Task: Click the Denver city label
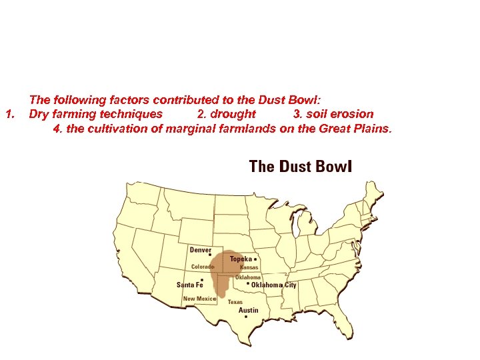pyautogui.click(x=201, y=250)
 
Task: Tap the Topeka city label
pyautogui.click(x=241, y=259)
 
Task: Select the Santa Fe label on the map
pyautogui.click(x=189, y=285)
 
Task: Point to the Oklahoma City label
pyautogui.click(x=273, y=285)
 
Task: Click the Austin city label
pyautogui.click(x=248, y=310)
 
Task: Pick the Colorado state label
pyautogui.click(x=203, y=267)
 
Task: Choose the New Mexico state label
pyautogui.click(x=199, y=299)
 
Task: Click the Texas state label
pyautogui.click(x=235, y=301)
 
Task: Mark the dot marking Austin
pyautogui.click(x=246, y=317)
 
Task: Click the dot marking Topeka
pyautogui.click(x=256, y=259)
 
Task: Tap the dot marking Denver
pyautogui.click(x=210, y=255)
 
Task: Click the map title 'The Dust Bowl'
pyautogui.click(x=299, y=166)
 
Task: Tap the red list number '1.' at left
pyautogui.click(x=9, y=114)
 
